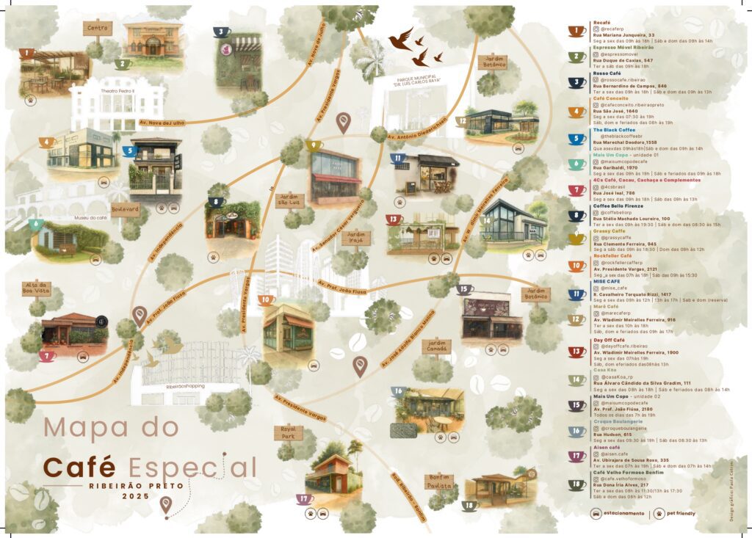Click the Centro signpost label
tap(97, 29)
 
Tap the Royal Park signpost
tap(287, 432)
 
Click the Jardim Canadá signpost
tap(437, 345)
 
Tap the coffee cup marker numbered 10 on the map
tap(267, 299)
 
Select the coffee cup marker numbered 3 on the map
tap(221, 32)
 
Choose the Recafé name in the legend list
tap(601, 23)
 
